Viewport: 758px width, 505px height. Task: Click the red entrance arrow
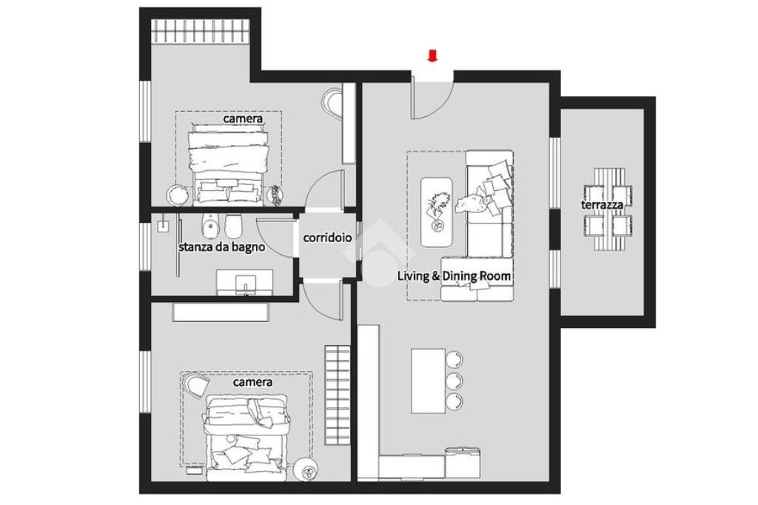[432, 56]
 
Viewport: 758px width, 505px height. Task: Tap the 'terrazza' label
[601, 204]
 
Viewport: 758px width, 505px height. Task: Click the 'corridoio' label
[327, 238]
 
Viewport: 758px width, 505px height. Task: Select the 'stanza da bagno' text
[222, 247]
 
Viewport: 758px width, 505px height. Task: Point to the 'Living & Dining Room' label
[454, 276]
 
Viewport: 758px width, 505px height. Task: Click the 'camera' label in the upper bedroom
[243, 118]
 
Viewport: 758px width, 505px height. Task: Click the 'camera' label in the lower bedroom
[252, 382]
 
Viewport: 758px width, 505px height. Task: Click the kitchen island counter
[429, 381]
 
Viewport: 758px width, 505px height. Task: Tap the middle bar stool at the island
[455, 380]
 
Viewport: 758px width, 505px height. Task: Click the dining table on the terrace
[608, 209]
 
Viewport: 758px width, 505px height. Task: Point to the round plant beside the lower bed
[306, 469]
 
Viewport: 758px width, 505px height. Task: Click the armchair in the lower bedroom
[195, 387]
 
